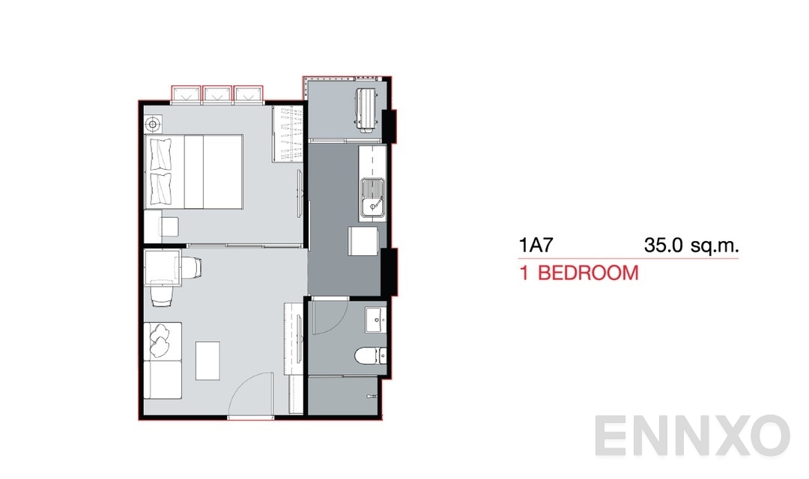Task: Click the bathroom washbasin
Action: pos(375,320)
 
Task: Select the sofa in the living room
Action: pos(161,359)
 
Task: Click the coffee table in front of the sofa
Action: pos(207,360)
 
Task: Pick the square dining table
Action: pos(163,269)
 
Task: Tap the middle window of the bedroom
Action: pos(217,94)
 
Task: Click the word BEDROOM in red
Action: pos(588,272)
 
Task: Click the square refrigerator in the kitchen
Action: pos(362,242)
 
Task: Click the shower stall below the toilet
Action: pos(345,396)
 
